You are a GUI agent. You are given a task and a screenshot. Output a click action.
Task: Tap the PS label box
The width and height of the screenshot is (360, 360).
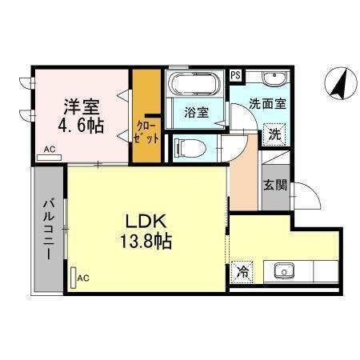pos(235,75)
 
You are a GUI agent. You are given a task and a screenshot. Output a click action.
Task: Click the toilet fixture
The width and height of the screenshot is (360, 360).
pos(186,148)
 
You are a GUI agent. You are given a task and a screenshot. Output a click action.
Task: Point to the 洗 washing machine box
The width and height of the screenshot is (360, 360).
pos(274,134)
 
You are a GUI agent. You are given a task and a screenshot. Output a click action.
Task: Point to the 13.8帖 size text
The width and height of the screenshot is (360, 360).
pos(146,240)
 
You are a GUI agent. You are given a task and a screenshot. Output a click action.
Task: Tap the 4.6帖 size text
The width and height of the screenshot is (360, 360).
pos(80,126)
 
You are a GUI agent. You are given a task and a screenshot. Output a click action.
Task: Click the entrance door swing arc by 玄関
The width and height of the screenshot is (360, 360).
pos(306,197)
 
